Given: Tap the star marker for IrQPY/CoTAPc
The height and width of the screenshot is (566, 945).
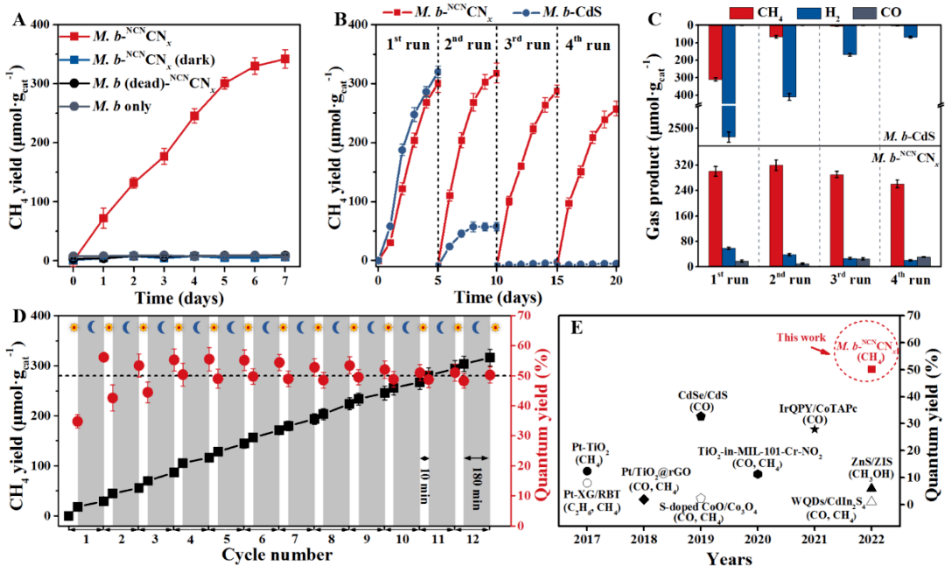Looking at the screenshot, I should tap(815, 429).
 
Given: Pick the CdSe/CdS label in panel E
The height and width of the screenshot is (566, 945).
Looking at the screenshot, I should tap(699, 395).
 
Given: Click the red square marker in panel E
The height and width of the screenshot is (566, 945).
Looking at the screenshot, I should tap(871, 368).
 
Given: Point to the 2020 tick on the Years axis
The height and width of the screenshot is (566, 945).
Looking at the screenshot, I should tap(758, 539).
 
